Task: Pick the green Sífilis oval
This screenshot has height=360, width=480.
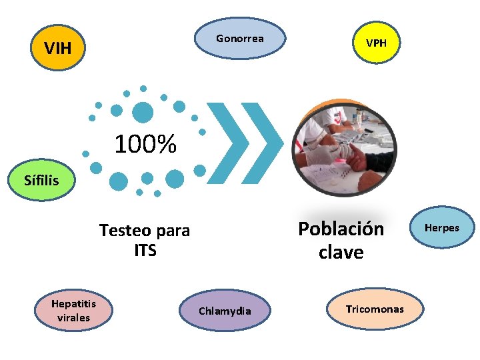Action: (41, 180)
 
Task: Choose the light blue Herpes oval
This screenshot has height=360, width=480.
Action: (442, 228)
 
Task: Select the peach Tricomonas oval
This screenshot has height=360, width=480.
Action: (375, 309)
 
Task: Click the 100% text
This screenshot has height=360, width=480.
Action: (145, 144)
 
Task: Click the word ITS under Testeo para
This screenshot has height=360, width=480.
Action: (145, 251)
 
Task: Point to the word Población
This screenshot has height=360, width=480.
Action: (341, 229)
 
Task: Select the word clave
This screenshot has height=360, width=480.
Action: (341, 253)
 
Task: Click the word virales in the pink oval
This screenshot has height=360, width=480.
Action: (73, 318)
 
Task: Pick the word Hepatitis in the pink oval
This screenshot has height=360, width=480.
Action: (73, 304)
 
